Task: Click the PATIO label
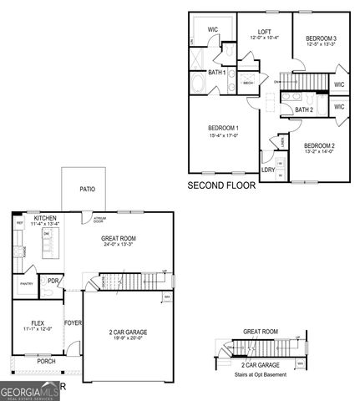click(x=87, y=189)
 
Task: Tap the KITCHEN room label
click(x=45, y=218)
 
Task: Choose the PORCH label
click(x=46, y=362)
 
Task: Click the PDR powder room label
click(x=53, y=282)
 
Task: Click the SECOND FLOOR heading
click(x=221, y=185)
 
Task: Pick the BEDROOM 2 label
click(x=318, y=145)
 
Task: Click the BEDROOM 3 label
click(x=321, y=38)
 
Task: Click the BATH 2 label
click(x=304, y=109)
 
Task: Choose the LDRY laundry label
click(x=268, y=170)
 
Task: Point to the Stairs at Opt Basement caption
click(x=261, y=374)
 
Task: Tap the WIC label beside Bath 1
click(x=213, y=29)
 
